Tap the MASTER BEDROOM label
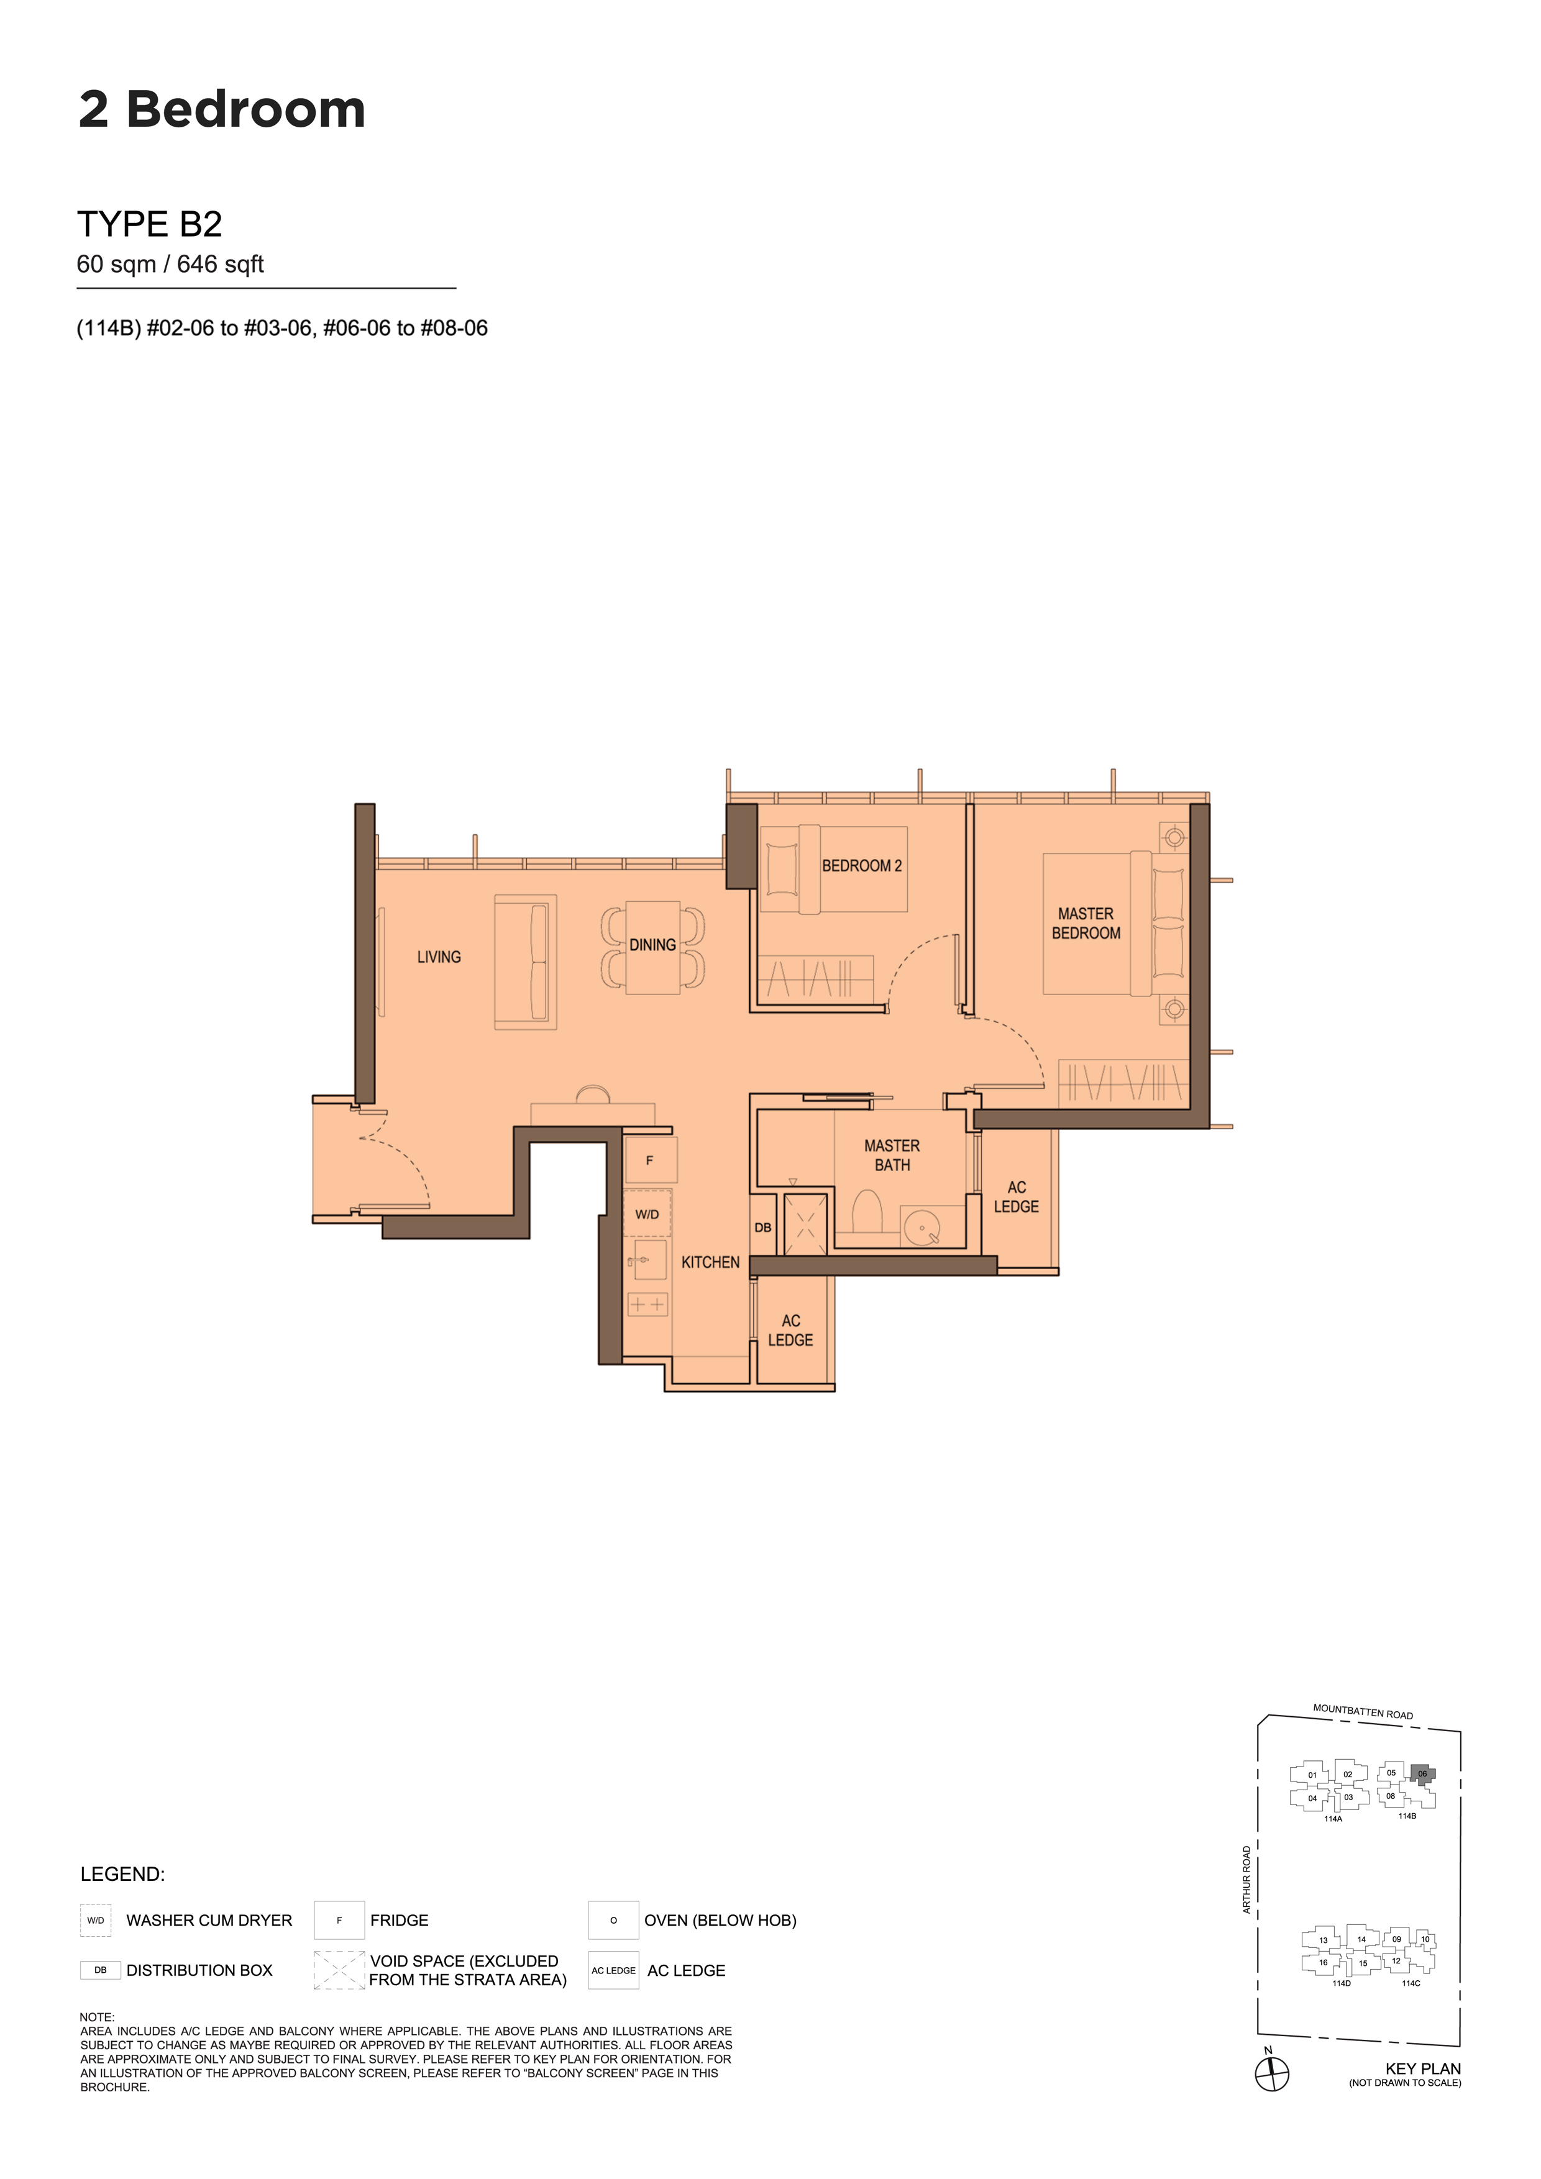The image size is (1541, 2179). point(1086,924)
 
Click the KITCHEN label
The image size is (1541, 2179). point(710,1262)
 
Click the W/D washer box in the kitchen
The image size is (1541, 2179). point(647,1214)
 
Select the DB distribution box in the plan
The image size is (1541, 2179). point(762,1227)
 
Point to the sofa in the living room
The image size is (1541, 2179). point(525,962)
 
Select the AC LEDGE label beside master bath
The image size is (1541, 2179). point(1016,1197)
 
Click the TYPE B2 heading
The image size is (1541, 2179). point(150,224)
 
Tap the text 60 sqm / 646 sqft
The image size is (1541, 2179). point(170,264)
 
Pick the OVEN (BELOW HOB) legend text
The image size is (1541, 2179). point(720,1920)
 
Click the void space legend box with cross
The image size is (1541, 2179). point(339,1970)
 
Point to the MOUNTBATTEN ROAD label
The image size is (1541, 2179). point(1363,1712)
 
